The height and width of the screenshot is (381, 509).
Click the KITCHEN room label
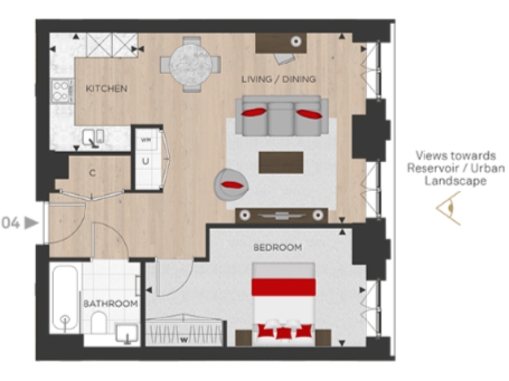point(106,89)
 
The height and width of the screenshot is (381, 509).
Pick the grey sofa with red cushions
point(281,117)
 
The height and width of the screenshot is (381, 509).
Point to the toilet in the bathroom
point(98,321)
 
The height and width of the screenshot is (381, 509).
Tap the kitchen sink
point(94,138)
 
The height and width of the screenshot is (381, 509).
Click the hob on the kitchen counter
point(63,92)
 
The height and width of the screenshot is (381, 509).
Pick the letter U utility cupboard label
point(146,160)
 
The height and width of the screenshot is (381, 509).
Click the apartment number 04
point(13,222)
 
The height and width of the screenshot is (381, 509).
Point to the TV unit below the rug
point(280,214)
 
